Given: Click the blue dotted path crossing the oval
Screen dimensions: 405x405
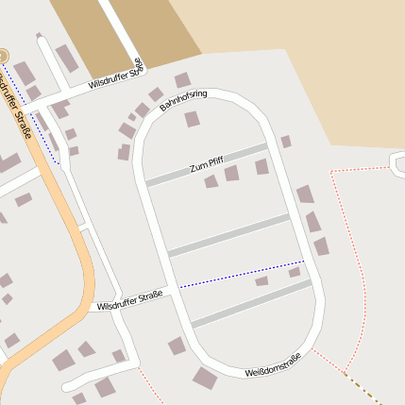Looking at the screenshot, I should point(241,273).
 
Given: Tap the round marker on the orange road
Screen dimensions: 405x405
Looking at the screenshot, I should point(3,56).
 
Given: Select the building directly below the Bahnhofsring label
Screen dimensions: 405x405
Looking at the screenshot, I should point(192,119).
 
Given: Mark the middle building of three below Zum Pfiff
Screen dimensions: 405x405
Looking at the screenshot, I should point(231,173).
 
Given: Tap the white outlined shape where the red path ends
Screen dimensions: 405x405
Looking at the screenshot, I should point(397,162).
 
